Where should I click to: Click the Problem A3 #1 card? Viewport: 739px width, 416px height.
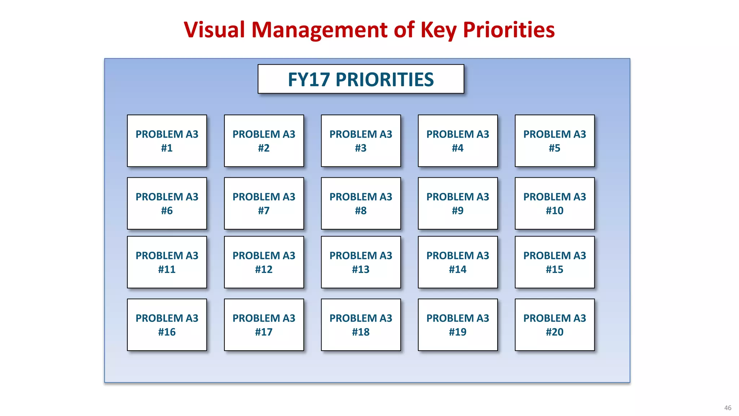click(167, 141)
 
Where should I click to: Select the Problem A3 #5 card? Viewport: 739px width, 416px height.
click(555, 141)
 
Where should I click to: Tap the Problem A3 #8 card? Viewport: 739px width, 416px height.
click(361, 203)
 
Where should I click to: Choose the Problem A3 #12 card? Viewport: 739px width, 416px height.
click(264, 262)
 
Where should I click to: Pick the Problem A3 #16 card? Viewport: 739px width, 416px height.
click(167, 325)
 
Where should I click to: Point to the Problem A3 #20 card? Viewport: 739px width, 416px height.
click(555, 325)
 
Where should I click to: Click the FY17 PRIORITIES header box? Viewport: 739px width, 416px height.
click(361, 79)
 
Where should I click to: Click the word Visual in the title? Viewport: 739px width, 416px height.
click(214, 30)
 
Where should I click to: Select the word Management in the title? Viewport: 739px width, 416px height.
click(320, 30)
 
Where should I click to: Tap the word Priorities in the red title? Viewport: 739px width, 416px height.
click(509, 30)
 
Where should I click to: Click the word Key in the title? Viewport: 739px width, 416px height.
click(438, 30)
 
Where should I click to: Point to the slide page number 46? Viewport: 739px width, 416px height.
click(727, 408)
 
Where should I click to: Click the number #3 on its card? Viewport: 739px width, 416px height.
click(361, 148)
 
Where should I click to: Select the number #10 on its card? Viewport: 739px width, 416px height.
click(555, 211)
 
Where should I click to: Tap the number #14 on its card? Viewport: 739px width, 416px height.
click(458, 269)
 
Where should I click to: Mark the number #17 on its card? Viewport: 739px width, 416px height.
click(264, 332)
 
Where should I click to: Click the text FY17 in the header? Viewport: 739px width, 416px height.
click(309, 79)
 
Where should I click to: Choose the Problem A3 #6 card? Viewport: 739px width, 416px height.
click(167, 203)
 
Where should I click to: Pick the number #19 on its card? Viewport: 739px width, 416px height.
click(458, 332)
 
